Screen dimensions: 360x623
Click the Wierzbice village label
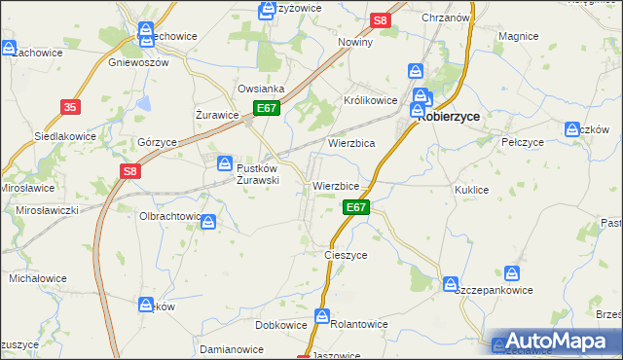point(336,186)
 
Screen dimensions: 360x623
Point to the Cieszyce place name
point(345,255)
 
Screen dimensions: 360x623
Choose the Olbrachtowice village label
point(170,216)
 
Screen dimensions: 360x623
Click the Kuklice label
point(471,190)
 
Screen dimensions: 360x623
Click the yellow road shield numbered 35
point(69,107)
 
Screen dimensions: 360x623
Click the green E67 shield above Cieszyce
point(356,207)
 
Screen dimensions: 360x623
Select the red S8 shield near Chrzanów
point(381,19)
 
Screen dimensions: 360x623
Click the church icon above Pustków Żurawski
point(225,163)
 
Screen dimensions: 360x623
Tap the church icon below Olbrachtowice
point(208,224)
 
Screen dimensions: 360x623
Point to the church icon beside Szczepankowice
point(451,284)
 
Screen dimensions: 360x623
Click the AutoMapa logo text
point(565,342)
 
